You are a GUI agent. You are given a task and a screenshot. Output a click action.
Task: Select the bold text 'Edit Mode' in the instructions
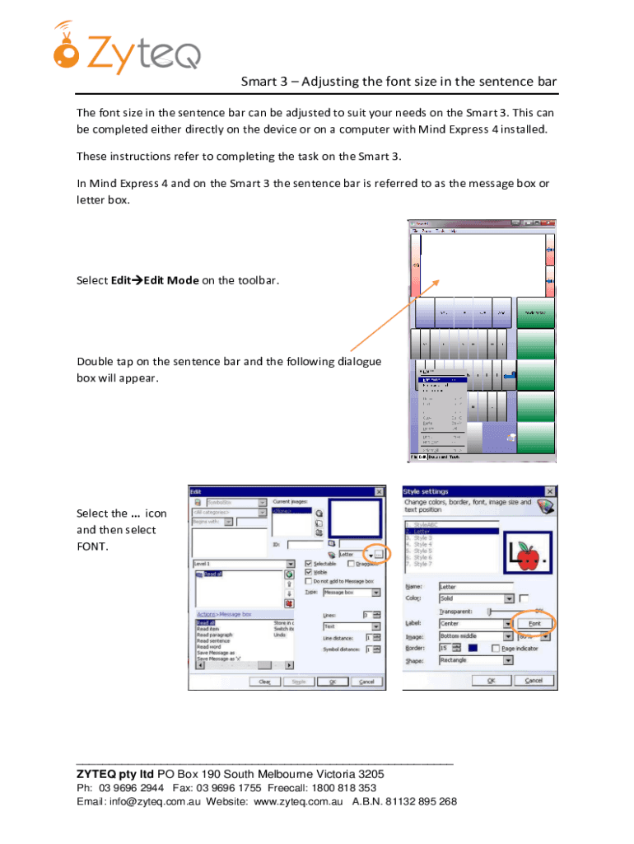coord(171,280)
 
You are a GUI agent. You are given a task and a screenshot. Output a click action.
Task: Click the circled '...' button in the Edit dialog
coord(379,555)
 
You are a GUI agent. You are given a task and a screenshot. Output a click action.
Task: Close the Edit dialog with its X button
coord(379,492)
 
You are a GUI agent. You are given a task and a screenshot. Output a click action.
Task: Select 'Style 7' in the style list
coord(422,564)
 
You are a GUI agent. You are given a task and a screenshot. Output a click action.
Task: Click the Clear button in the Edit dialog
coord(265,682)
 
